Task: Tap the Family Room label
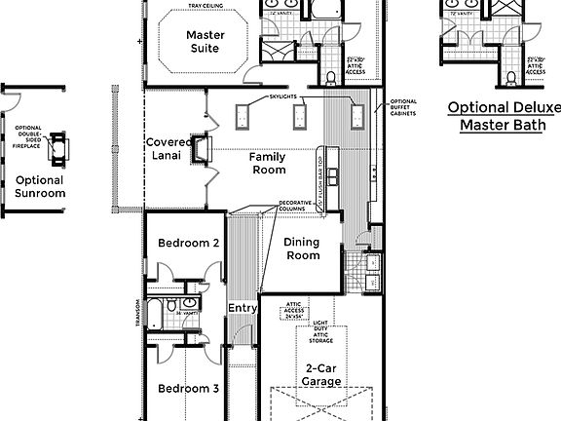[267, 163]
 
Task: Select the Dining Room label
[302, 249]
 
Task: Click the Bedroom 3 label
[188, 388]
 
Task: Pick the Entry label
[243, 309]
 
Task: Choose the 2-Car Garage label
[320, 374]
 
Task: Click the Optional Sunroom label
[40, 186]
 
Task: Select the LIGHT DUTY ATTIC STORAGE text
[321, 331]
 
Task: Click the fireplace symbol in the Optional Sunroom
[60, 145]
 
